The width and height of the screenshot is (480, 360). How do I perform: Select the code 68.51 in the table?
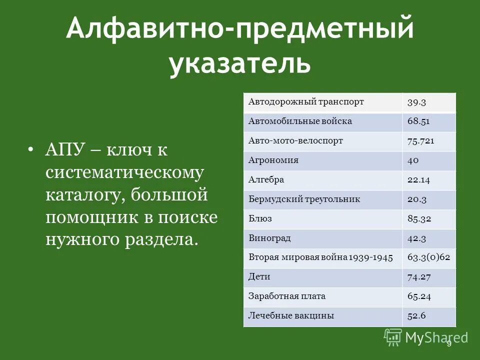point(418,121)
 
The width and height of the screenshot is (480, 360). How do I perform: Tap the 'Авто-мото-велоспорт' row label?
point(295,141)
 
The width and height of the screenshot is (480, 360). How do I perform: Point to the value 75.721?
point(420,141)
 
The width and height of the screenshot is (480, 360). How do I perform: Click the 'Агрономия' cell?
point(273,160)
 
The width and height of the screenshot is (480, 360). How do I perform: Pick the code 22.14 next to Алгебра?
point(418,180)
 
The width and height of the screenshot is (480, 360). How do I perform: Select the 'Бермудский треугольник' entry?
point(304,199)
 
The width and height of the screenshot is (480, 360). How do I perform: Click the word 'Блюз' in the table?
point(260,218)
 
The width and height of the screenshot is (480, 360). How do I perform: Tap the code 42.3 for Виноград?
point(416,238)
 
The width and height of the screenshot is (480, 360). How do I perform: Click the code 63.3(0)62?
point(429,257)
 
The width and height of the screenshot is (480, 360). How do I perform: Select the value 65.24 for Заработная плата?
point(418,296)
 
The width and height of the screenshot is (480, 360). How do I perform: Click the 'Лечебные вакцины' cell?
point(291,315)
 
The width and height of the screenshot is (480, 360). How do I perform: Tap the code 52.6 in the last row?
point(416,315)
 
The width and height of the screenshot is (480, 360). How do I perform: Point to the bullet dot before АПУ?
point(32,149)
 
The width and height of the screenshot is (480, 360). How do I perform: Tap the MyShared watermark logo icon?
point(393,337)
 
